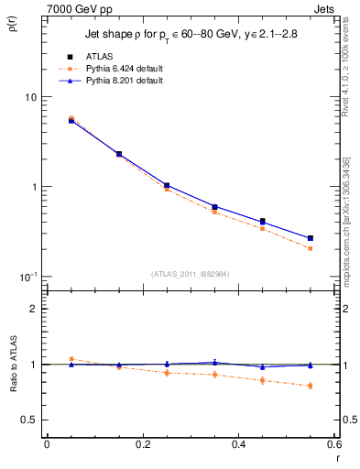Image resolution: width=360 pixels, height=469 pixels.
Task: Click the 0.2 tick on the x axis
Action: pyautogui.click(x=142, y=444)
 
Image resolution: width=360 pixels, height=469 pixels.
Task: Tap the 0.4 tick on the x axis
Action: pyautogui.click(x=238, y=444)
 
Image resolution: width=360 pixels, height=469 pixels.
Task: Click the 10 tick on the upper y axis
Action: pyautogui.click(x=29, y=97)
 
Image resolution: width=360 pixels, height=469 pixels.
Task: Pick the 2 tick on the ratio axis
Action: pyautogui.click(x=33, y=309)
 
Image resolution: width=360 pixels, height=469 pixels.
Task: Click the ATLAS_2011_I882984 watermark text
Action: pyautogui.click(x=190, y=272)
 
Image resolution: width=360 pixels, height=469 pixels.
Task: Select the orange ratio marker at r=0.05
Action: pyautogui.click(x=71, y=359)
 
